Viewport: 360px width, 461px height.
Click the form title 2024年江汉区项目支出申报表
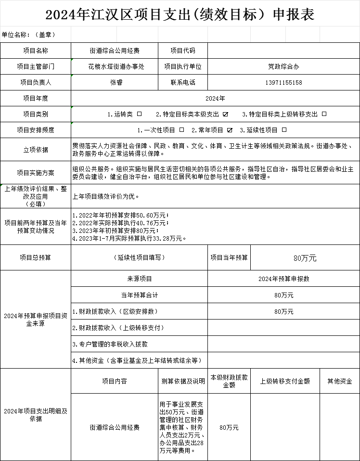(180, 14)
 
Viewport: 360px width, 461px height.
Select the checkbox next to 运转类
(140, 114)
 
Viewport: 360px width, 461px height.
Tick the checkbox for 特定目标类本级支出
(225, 114)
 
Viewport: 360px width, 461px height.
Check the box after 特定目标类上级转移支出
(324, 114)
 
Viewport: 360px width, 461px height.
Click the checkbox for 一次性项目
(181, 130)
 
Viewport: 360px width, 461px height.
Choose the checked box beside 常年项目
(230, 130)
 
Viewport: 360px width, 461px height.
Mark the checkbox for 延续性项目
(284, 130)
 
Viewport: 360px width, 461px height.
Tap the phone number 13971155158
(283, 82)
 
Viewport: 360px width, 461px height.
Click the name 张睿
(116, 82)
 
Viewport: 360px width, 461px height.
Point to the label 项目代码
(183, 51)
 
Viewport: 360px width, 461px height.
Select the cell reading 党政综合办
(283, 66)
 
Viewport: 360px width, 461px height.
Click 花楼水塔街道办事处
(116, 66)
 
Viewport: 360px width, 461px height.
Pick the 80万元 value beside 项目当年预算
(305, 258)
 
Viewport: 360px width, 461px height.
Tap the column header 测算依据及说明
(183, 381)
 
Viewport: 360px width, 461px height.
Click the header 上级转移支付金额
(285, 381)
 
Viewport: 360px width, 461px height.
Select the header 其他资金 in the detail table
(339, 381)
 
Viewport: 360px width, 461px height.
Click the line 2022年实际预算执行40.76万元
(120, 223)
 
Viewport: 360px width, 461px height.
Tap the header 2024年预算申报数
(283, 279)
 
